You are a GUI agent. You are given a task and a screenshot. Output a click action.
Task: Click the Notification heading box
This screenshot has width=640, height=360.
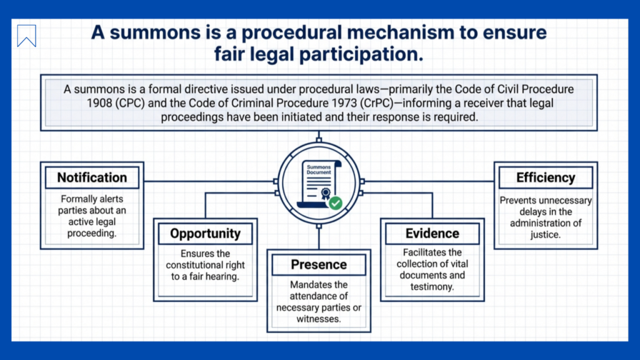click(x=92, y=177)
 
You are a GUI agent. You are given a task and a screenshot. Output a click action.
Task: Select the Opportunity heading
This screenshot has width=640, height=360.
click(x=205, y=234)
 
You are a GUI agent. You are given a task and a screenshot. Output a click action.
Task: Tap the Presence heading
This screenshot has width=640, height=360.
click(x=319, y=265)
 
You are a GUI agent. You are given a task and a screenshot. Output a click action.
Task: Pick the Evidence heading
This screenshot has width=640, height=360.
click(x=432, y=234)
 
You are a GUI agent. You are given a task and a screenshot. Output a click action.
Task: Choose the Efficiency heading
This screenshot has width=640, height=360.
click(x=545, y=177)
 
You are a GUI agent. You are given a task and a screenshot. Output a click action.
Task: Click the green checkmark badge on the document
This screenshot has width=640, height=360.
click(x=336, y=202)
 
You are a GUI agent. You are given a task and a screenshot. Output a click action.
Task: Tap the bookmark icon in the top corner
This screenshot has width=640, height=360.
click(x=27, y=36)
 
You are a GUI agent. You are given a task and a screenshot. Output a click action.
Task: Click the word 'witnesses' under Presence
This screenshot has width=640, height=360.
click(x=318, y=319)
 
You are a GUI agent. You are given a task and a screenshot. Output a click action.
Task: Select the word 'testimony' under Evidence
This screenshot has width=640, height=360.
click(x=432, y=287)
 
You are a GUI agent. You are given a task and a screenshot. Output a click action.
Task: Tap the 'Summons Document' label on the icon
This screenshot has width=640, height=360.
click(x=318, y=169)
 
